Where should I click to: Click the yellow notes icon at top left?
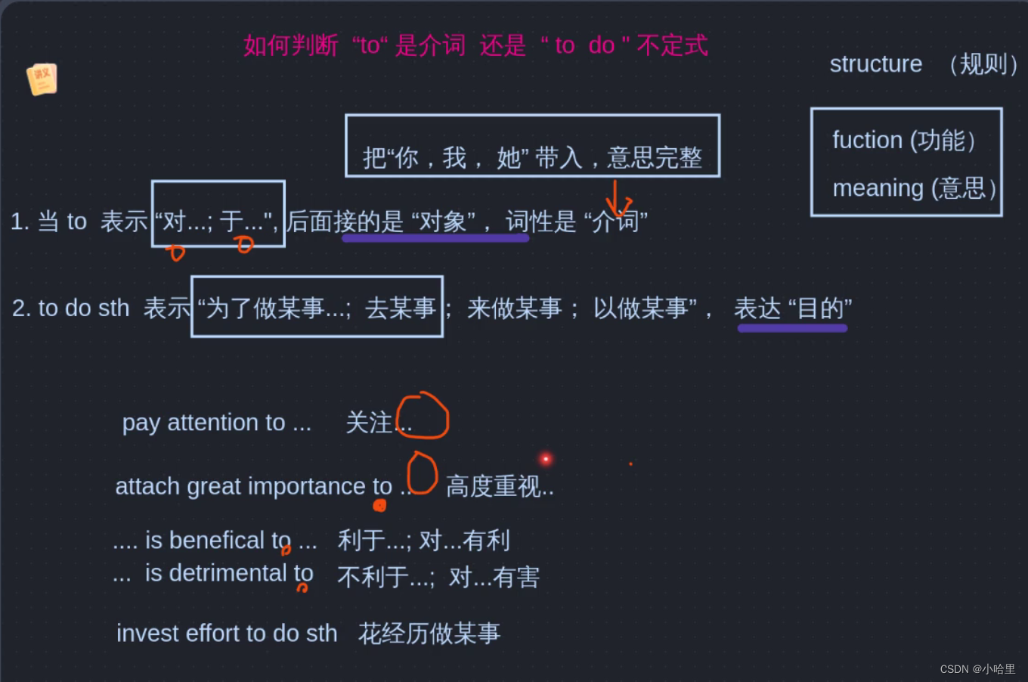coord(42,79)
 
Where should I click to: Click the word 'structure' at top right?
coord(875,64)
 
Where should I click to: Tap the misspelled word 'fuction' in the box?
coord(867,140)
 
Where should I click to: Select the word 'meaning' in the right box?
coord(878,188)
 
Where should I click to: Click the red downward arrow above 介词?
coord(617,199)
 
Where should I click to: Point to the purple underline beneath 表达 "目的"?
coord(792,328)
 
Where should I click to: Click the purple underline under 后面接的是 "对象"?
coord(435,238)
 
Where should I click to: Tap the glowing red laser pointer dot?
coord(546,459)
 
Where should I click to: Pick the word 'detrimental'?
coord(228,573)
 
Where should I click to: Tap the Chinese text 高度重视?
coord(494,486)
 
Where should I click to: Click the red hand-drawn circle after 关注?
coord(423,415)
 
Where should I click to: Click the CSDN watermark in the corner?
coord(977,669)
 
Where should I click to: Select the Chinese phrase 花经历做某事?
coord(429,633)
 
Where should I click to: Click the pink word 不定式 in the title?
coord(672,45)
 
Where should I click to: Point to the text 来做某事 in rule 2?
coord(514,308)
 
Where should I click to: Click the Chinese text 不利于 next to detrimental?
coord(374,578)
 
